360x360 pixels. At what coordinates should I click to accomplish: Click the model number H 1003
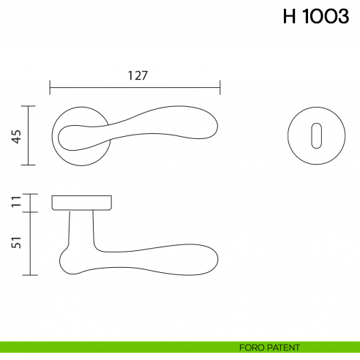pos(315,18)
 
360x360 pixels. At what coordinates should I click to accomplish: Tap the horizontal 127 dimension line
pos(135,89)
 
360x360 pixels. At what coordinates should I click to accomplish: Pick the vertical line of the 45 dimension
pos(29,135)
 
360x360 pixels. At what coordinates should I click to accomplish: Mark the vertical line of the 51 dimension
pos(29,244)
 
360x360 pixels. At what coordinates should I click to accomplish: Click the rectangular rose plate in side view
pos(81,202)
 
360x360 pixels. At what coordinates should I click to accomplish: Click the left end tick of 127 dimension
pos(50,89)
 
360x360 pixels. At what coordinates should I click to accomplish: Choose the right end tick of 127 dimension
pos(220,89)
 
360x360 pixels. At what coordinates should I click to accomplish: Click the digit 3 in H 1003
pos(342,18)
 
